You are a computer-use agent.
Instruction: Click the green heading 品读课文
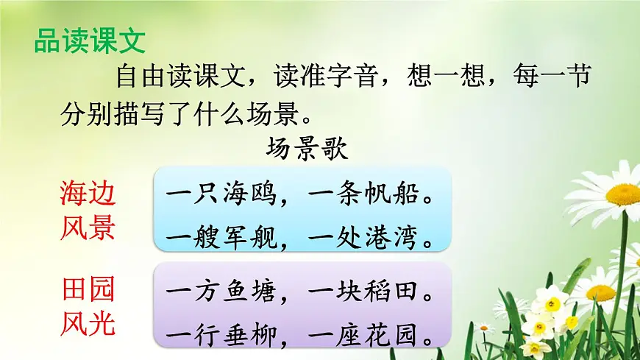(x=90, y=41)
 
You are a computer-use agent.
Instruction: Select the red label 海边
(x=88, y=194)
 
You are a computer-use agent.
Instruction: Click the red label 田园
(x=88, y=289)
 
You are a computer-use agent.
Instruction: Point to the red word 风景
(x=88, y=228)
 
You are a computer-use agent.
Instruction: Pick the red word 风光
(x=88, y=323)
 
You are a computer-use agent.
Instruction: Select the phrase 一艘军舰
(x=221, y=239)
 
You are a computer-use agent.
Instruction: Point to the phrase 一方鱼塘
(x=221, y=293)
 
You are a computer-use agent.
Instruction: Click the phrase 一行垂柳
(x=221, y=336)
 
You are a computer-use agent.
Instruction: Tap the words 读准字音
(x=329, y=76)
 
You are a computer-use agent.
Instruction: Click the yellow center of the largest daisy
(x=623, y=195)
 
